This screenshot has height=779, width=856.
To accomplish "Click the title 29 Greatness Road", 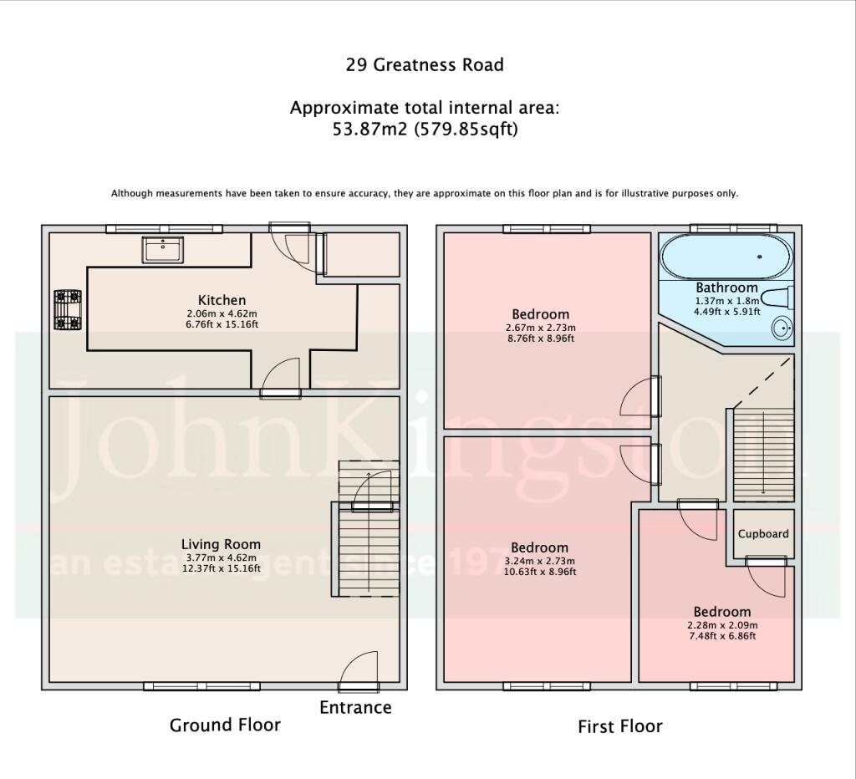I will (x=425, y=64).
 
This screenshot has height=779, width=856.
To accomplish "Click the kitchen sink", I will (x=163, y=250).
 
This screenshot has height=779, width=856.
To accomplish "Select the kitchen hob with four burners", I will (x=68, y=309).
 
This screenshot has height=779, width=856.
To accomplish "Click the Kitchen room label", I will (x=222, y=300).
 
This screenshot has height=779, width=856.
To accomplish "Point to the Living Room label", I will (x=221, y=544).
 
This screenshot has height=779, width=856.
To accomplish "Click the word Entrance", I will (x=355, y=707).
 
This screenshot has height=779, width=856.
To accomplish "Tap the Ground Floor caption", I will (x=225, y=725).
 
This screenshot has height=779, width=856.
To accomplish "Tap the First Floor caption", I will (x=619, y=726).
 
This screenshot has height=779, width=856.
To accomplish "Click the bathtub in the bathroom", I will (x=724, y=257).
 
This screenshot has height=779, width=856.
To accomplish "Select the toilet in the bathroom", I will (x=779, y=298).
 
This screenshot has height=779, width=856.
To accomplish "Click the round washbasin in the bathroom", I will (x=782, y=328).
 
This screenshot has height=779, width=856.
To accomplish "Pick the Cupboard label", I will (x=762, y=533).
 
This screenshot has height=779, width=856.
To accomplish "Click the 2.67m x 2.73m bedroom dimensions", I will (x=540, y=328).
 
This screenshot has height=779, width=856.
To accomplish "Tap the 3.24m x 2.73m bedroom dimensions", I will (x=539, y=561).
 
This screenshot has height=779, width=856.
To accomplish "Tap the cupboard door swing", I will (x=765, y=580).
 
